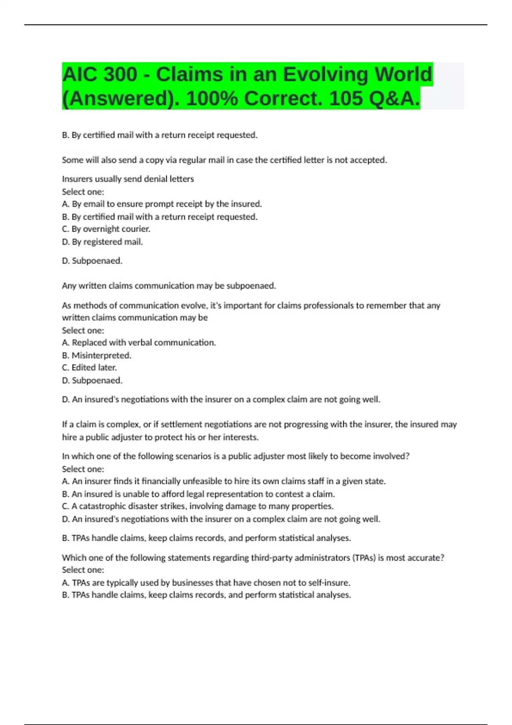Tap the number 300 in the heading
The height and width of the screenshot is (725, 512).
coord(120,75)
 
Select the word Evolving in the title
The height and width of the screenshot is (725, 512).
coord(326,75)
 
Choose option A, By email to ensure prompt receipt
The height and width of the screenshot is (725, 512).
coord(162,204)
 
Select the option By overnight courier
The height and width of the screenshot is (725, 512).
coord(106,229)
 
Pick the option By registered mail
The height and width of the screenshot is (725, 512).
coord(102,242)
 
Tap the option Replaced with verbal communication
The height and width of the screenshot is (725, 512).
coord(139,342)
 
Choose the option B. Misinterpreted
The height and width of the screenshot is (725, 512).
coord(97,355)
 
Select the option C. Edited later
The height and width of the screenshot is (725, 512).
coord(89,368)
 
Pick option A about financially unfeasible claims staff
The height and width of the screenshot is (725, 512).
coord(224,481)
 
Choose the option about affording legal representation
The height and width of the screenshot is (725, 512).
coord(198,494)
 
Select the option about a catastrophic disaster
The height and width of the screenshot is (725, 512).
coord(198,506)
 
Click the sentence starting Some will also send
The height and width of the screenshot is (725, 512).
coord(224,160)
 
